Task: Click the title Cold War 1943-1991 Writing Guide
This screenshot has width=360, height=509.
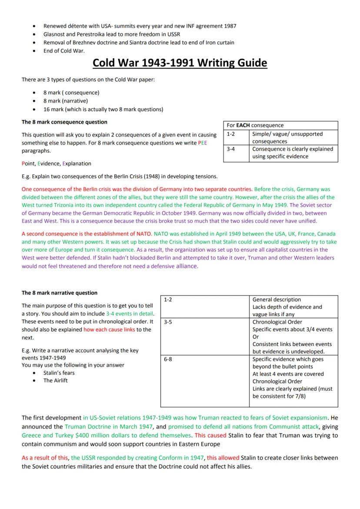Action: pos(180,63)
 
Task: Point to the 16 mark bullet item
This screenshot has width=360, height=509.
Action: pos(103,109)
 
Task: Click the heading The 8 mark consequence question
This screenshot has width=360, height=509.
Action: pos(64,122)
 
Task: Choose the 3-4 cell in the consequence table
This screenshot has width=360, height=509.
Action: pos(231,149)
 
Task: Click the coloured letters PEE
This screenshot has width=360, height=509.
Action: pos(202,143)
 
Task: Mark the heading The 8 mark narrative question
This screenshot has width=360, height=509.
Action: pos(60,293)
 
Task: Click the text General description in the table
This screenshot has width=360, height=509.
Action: pos(277,299)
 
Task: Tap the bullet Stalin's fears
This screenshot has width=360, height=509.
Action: pos(59,373)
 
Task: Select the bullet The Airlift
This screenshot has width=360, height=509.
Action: pos(55,380)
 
